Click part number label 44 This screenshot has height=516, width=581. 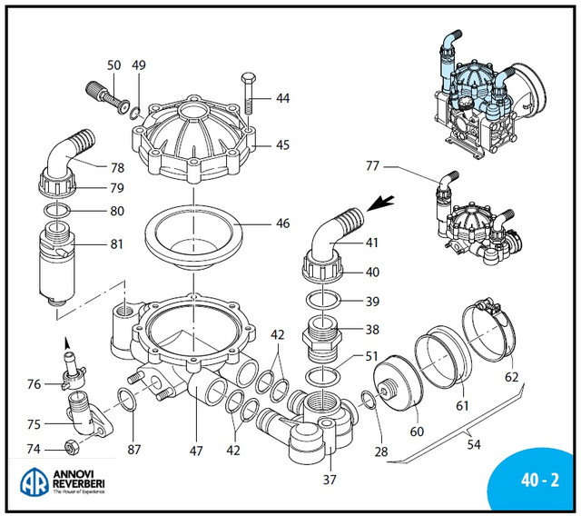point(283,98)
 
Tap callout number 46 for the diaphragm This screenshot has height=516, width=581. point(284,223)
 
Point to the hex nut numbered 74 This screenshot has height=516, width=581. point(73,447)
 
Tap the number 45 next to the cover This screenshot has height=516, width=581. point(283,144)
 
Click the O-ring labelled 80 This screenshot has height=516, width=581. point(59,211)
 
